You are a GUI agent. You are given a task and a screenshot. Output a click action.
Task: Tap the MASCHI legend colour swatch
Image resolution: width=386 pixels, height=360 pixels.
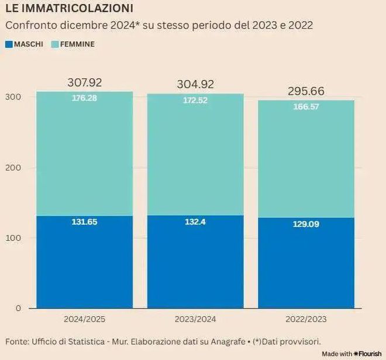coord(9,44)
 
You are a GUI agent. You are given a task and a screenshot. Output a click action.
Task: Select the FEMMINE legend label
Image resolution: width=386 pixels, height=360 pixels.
coord(77,44)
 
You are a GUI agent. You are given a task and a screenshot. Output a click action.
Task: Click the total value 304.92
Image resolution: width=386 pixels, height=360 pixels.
coord(195,85)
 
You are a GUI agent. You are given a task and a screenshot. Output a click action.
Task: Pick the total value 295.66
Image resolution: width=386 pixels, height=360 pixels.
coord(306,92)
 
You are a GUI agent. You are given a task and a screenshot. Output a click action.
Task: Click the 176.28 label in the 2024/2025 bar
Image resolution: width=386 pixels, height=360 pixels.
coord(84,98)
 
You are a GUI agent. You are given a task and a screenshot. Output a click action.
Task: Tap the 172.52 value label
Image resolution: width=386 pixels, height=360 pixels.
coord(195,101)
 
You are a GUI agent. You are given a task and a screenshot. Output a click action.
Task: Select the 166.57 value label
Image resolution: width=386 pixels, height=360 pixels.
coord(306,107)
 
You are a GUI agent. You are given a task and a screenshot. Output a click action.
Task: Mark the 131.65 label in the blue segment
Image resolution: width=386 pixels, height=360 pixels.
coord(84,223)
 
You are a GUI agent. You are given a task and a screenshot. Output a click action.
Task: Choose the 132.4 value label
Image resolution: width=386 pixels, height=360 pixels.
coord(195,222)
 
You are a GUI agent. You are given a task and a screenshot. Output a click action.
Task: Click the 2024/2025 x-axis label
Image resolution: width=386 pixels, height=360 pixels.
coord(84,320)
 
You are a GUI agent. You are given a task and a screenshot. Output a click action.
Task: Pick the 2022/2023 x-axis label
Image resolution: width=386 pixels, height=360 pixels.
coord(306,320)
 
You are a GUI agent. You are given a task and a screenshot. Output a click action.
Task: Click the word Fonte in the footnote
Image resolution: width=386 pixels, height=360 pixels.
coord(18,341)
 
